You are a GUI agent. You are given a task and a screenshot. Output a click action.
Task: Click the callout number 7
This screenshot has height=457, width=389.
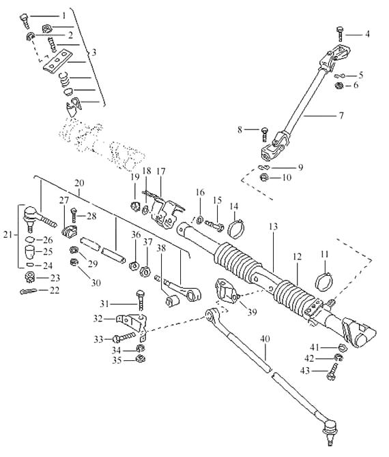341,116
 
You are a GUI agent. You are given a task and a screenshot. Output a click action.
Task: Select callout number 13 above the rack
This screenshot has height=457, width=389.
274,227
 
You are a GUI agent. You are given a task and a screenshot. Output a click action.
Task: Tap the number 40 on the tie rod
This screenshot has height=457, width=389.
265,339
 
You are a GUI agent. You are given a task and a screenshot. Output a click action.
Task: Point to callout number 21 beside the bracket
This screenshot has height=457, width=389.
8,234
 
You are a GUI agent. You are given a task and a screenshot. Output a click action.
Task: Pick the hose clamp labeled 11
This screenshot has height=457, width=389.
324,281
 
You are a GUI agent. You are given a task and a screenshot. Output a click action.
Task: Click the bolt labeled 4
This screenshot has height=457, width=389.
341,34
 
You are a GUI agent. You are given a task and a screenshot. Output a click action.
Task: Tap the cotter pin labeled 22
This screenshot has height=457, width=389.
28,291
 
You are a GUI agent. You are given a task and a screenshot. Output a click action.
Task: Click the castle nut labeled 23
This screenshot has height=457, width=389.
30,276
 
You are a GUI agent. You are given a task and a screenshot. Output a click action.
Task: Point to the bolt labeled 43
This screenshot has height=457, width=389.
332,372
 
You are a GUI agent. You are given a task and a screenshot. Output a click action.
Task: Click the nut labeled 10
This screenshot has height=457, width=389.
264,177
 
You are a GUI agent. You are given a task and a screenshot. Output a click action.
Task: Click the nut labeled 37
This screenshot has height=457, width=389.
145,272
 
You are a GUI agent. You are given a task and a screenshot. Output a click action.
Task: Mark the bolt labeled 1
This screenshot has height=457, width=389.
25,20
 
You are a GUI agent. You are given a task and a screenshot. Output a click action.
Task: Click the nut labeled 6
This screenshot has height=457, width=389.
338,86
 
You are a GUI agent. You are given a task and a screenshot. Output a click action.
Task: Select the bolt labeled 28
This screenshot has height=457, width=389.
74,215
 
